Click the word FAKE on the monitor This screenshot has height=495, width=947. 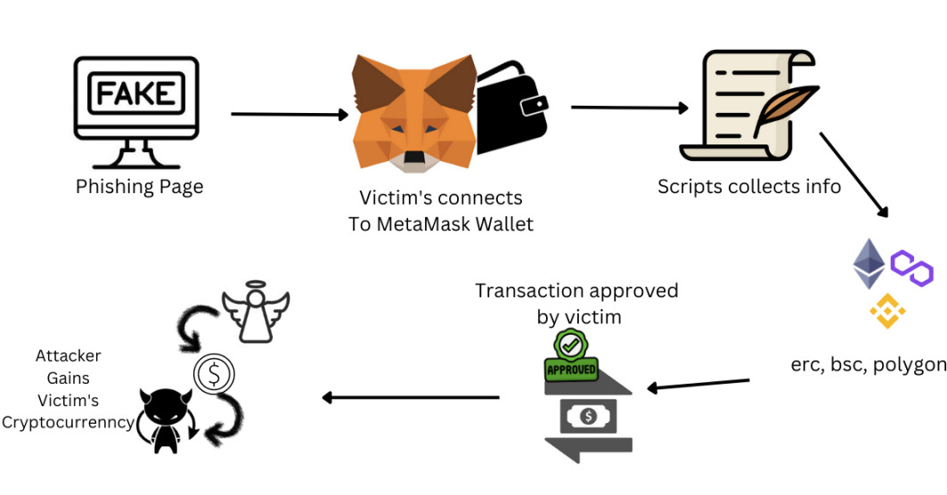coord(135,93)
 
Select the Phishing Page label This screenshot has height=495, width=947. coord(139,187)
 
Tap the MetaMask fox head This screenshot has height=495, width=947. coord(414,114)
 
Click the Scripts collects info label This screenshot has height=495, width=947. coord(748,187)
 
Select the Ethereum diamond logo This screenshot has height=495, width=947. coord(869,264)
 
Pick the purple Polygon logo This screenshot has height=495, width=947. coord(911,268)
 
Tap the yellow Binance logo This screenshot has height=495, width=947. coord(887,311)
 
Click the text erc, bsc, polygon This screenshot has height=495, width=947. coord(868,365)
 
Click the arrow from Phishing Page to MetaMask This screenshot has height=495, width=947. coord(289,114)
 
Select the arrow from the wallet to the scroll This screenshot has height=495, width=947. coord(629,108)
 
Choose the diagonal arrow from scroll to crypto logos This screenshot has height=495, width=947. coord(853,174)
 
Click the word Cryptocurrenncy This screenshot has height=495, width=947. coord(68,423)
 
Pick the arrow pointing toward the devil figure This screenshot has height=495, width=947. coord(410,398)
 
